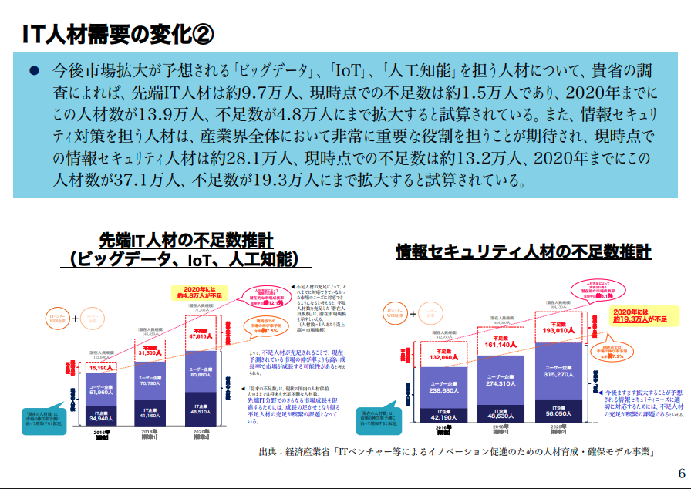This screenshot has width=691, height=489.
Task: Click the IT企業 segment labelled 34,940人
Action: click(x=102, y=416)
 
